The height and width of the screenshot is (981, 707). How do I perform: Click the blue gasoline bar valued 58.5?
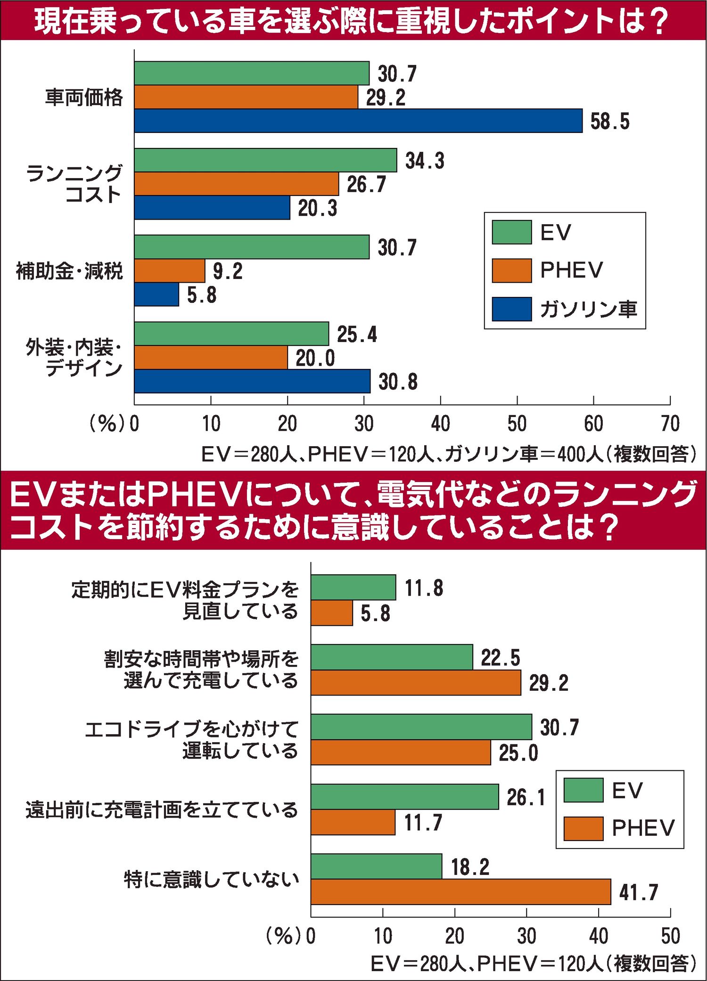pyautogui.click(x=358, y=121)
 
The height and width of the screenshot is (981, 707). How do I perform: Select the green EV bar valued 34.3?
pyautogui.click(x=265, y=160)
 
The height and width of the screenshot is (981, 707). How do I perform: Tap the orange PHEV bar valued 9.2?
pyautogui.click(x=170, y=270)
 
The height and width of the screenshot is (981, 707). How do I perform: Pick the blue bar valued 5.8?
pyautogui.click(x=156, y=294)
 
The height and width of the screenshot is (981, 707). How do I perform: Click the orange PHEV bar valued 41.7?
pyautogui.click(x=460, y=891)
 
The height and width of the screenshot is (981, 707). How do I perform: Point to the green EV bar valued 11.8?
pyautogui.click(x=353, y=588)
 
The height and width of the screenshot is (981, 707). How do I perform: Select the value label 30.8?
pyautogui.click(x=398, y=382)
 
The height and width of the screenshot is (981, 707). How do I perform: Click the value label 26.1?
pyautogui.click(x=526, y=797)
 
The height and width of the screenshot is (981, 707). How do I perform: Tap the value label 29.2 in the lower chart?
pyautogui.click(x=548, y=683)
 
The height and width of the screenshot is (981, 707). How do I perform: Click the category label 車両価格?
pyautogui.click(x=84, y=97)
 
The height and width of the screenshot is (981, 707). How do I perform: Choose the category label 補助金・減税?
pyautogui.click(x=69, y=271)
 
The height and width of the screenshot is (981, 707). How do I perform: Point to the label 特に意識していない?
pyautogui.click(x=211, y=879)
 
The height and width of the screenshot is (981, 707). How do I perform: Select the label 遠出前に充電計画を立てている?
pyautogui.click(x=162, y=809)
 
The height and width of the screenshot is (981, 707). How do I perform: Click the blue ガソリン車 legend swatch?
pyautogui.click(x=511, y=309)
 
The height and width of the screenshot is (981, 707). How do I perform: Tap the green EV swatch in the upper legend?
pyautogui.click(x=511, y=232)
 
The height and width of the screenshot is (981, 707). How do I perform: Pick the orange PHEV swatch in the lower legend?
pyautogui.click(x=583, y=829)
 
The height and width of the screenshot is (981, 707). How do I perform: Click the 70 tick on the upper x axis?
pyautogui.click(x=670, y=424)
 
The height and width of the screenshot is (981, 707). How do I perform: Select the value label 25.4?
pyautogui.click(x=357, y=335)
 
